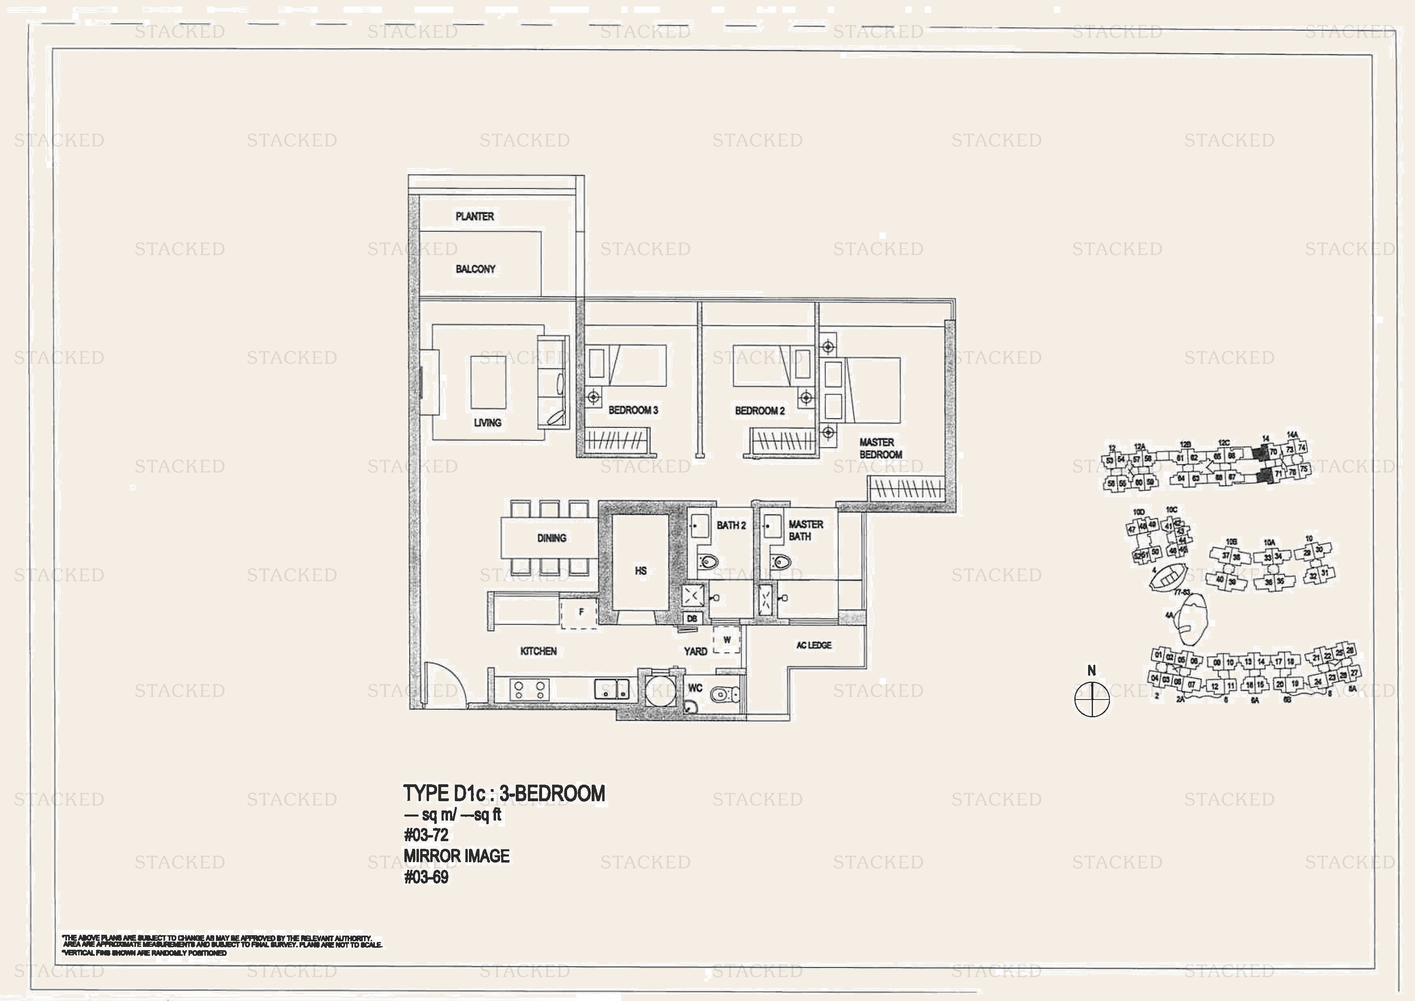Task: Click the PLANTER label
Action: tap(475, 216)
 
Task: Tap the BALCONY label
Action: tap(475, 269)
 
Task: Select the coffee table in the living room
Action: tap(488, 382)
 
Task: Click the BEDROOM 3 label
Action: tap(633, 410)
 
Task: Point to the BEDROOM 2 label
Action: tap(759, 410)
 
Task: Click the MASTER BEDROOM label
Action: tap(881, 448)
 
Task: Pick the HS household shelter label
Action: tap(641, 571)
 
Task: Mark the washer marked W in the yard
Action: tap(726, 640)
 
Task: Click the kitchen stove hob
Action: tap(530, 689)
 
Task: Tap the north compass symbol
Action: tap(1091, 699)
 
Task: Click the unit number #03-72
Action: tap(426, 835)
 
